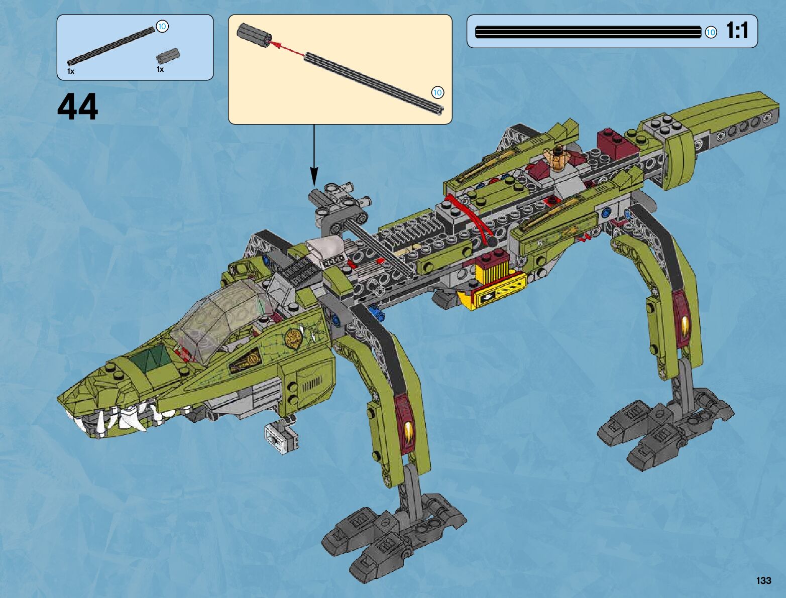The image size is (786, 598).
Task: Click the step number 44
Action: [x=78, y=107]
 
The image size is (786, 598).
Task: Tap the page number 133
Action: [x=763, y=580]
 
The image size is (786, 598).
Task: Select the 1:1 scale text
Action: [x=737, y=31]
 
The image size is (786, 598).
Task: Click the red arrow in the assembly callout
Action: [x=287, y=48]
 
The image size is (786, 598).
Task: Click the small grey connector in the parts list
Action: [x=168, y=56]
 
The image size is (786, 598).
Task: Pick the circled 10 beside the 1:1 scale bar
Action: [x=711, y=33]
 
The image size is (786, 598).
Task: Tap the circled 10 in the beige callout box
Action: [x=437, y=92]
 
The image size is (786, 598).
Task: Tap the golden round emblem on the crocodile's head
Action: [x=293, y=338]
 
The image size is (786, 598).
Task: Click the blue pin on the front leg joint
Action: [x=376, y=314]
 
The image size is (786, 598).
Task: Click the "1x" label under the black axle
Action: [x=71, y=71]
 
